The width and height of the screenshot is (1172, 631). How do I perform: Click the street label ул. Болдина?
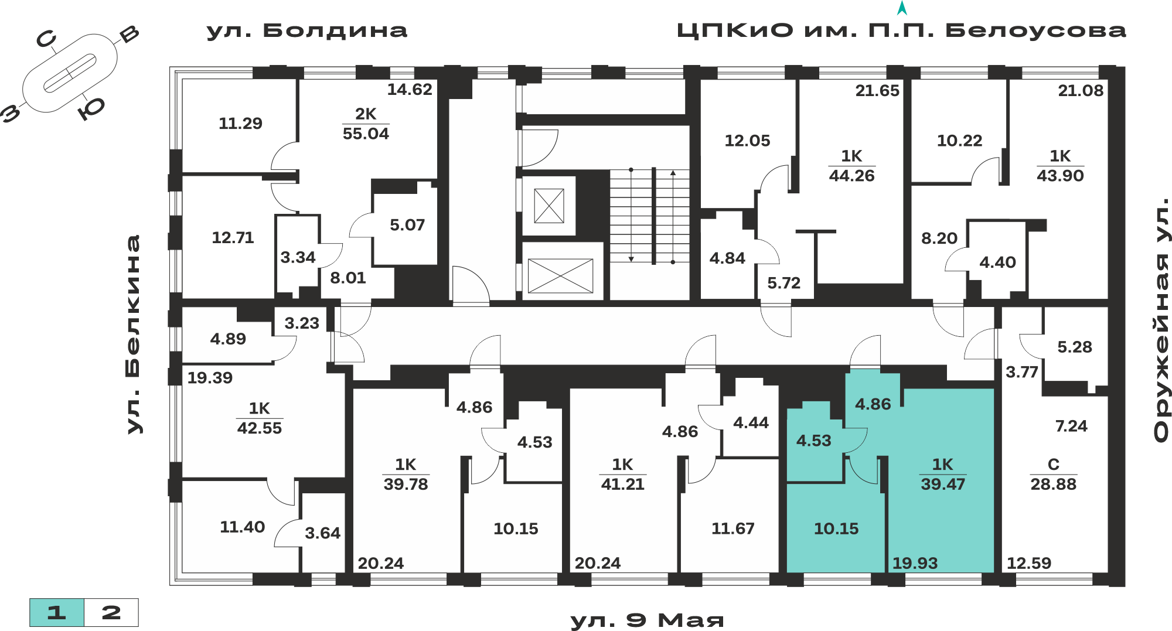tap(306, 31)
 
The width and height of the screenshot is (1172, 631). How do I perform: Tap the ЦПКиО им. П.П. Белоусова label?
tap(901, 30)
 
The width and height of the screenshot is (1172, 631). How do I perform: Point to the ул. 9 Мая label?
tap(647, 620)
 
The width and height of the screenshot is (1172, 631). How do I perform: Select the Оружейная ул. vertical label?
tap(1161, 320)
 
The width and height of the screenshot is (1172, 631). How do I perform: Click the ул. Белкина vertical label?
tap(134, 335)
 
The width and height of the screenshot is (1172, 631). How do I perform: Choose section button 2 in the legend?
tap(111, 613)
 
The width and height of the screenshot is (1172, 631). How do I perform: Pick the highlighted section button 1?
tap(57, 613)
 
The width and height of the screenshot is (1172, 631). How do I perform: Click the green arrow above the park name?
tap(902, 8)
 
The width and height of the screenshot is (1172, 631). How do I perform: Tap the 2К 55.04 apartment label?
tap(366, 124)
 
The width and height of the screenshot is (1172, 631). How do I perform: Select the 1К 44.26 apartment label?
tap(851, 166)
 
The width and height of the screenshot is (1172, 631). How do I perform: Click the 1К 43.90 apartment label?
tap(1060, 166)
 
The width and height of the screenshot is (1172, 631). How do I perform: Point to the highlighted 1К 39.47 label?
tap(942, 474)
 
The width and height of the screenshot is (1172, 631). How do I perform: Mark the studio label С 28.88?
tap(1053, 474)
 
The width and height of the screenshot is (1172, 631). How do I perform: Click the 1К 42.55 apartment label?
tap(259, 418)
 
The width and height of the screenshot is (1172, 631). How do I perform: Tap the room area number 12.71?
tap(233, 238)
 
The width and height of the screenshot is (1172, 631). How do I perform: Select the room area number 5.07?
tap(407, 225)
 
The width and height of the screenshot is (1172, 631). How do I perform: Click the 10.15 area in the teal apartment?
tap(836, 529)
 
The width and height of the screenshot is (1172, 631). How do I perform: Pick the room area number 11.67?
tap(732, 529)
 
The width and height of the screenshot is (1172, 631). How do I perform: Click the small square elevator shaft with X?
tap(549, 206)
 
